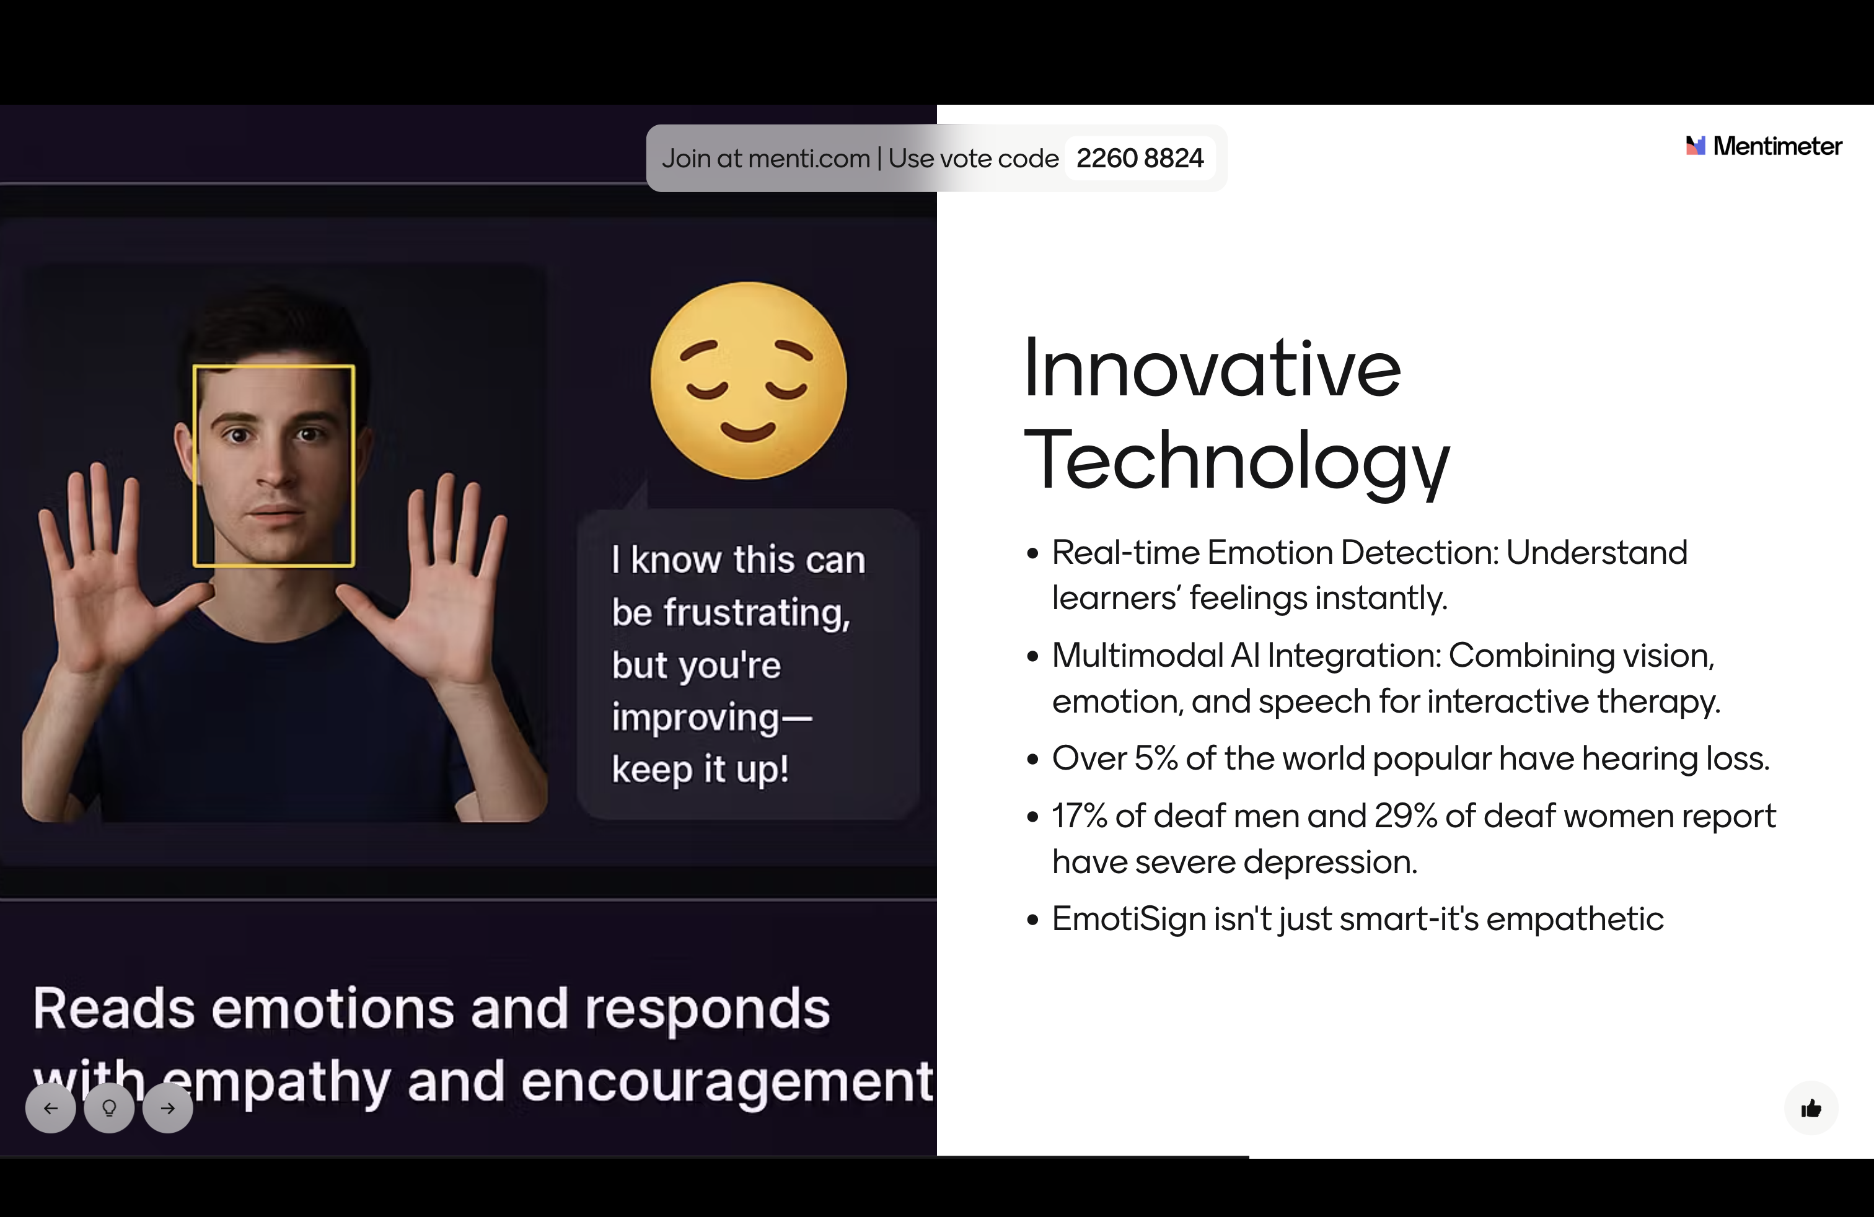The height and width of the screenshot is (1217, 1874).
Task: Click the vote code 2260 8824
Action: point(1140,158)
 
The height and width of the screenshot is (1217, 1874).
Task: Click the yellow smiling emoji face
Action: point(748,380)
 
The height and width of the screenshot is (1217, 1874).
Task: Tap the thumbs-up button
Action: point(1811,1109)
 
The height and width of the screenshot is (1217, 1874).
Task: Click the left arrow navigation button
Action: point(50,1109)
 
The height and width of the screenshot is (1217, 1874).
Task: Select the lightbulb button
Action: point(110,1109)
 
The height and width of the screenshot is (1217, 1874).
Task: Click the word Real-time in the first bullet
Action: point(1126,553)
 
